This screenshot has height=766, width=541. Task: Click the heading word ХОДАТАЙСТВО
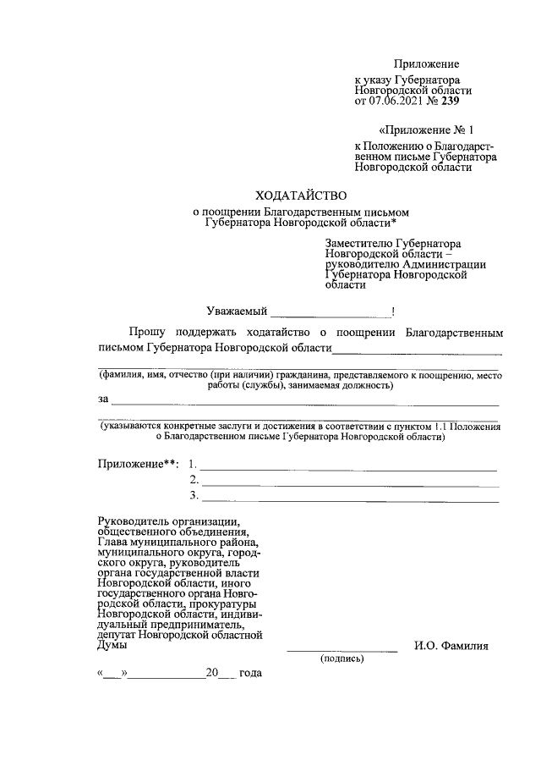tap(302, 195)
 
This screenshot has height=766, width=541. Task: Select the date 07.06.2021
tap(397, 102)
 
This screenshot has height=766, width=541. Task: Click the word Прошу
tap(147, 333)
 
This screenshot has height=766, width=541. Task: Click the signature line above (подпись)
tap(342, 649)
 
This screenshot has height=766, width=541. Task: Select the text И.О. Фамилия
tap(451, 647)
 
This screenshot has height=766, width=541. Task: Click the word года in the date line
tap(250, 673)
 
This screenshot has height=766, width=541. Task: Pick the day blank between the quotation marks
tap(112, 675)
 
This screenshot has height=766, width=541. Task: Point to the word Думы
tap(112, 645)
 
